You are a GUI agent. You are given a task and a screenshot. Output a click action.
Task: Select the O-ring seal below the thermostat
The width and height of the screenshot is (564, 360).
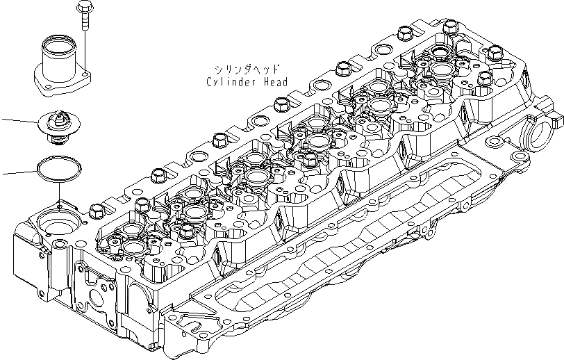59,170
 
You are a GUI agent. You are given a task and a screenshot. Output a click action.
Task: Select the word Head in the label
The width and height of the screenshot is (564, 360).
276,81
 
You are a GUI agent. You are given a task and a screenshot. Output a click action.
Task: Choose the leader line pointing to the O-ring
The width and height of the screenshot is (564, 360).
17,172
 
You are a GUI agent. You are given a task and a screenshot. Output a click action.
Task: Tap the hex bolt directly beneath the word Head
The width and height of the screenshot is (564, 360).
281,104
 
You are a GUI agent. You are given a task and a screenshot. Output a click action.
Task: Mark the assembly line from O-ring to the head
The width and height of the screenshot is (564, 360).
60,193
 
